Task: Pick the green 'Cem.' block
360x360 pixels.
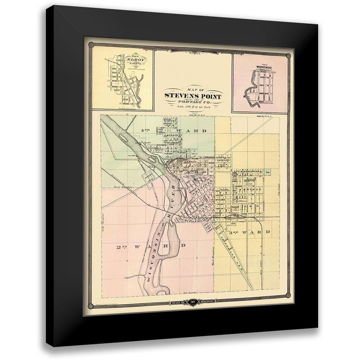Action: click(267, 172)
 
